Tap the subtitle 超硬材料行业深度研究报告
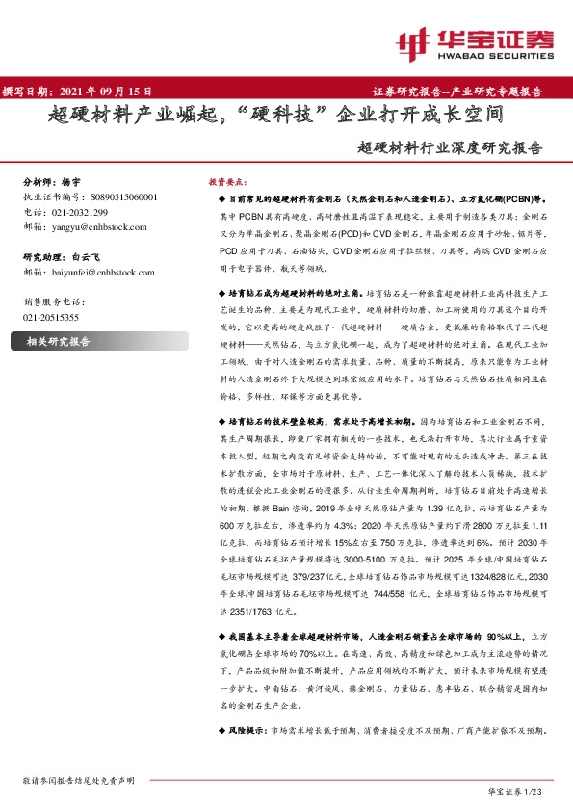click(x=448, y=149)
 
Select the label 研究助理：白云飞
click(x=60, y=257)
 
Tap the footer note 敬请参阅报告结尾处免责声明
click(x=78, y=779)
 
